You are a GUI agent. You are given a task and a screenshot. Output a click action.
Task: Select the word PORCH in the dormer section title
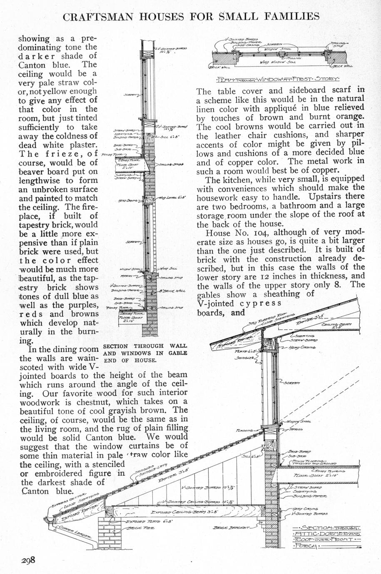click(306, 546)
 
